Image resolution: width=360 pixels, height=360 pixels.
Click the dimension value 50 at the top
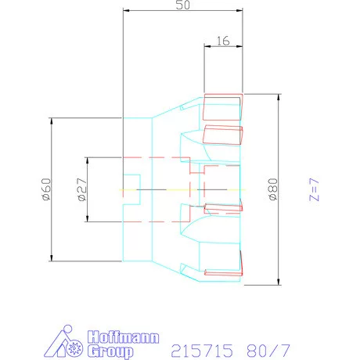point(183,5)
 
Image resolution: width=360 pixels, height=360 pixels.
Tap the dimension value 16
point(223,41)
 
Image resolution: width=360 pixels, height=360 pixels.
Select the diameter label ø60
point(46,189)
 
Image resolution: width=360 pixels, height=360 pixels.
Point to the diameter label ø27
point(82,189)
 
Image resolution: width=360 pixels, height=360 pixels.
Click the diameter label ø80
point(273,189)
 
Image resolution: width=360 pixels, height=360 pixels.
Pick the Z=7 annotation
point(314,189)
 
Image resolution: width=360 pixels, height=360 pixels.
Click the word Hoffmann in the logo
point(123,337)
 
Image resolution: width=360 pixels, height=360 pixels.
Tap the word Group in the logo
point(110,351)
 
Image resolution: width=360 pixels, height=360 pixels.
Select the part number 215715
point(202,351)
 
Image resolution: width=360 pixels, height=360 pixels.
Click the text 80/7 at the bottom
point(268,351)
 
